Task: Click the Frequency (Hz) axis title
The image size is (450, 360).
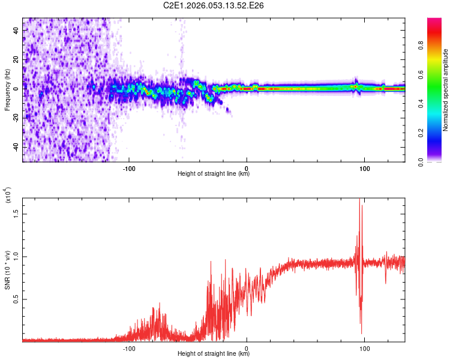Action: pos(7,90)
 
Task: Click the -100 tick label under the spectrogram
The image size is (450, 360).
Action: pos(129,167)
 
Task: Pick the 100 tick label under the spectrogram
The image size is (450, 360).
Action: pos(364,167)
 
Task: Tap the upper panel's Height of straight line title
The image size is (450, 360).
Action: pos(214,174)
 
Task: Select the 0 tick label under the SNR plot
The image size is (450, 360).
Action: pos(247,347)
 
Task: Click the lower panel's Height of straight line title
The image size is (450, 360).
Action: pos(214,354)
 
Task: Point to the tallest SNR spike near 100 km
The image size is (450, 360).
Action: pos(359,202)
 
